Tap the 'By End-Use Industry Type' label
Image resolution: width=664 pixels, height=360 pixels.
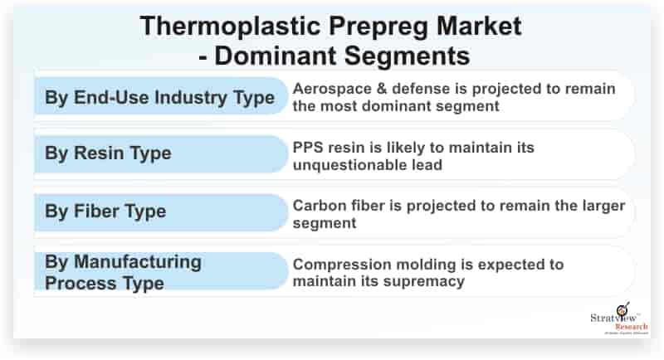tap(159, 98)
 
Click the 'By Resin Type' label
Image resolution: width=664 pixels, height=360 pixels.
tap(108, 153)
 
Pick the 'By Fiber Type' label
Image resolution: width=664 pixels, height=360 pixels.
tap(105, 211)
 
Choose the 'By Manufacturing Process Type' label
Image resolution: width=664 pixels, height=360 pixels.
tap(123, 272)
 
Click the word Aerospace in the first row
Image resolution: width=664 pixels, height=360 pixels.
tap(332, 89)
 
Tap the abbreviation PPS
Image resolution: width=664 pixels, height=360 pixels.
tap(308, 147)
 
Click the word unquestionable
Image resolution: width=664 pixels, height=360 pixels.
tap(348, 164)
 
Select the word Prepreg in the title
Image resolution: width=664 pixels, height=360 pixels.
tap(366, 26)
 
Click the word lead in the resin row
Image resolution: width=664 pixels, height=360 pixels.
tap(425, 164)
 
